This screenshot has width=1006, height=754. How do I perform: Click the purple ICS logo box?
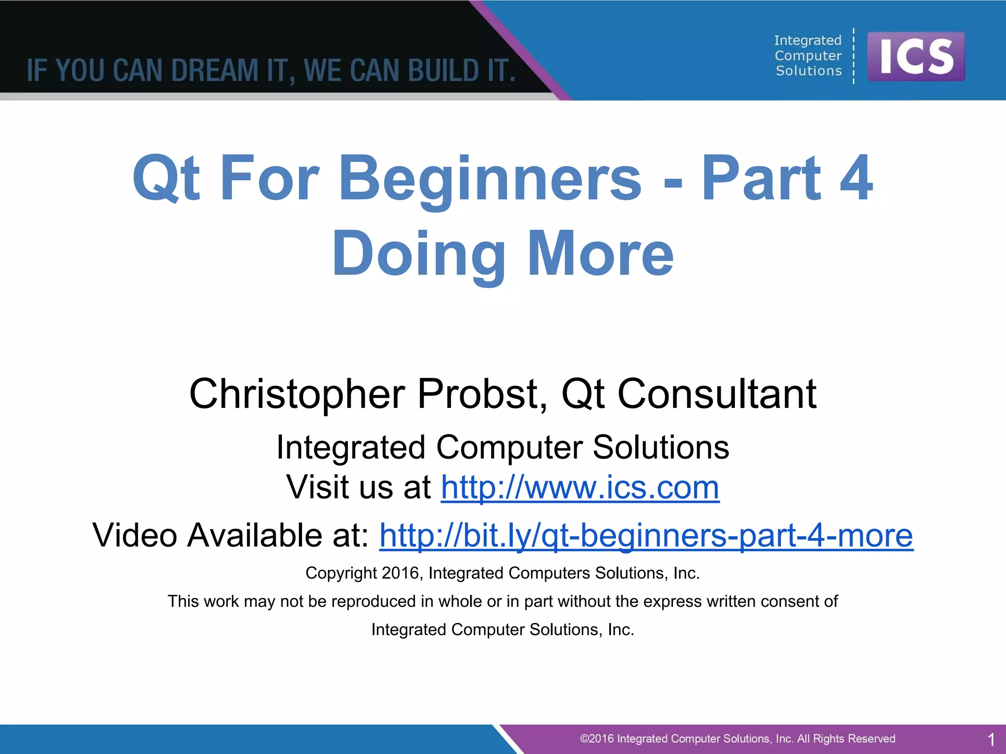(x=916, y=56)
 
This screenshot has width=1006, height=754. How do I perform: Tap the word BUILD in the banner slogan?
(x=444, y=70)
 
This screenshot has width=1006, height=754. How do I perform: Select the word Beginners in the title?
(x=490, y=179)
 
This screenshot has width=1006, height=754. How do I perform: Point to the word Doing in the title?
(x=419, y=254)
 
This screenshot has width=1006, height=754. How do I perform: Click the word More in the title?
(x=600, y=254)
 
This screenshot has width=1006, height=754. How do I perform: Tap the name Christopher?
(x=297, y=394)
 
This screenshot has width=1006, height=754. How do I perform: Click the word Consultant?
(x=717, y=394)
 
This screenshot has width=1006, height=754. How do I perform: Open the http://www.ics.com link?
(x=580, y=487)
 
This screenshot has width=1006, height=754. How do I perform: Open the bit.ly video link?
(x=646, y=535)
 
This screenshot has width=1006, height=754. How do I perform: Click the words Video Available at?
(x=231, y=535)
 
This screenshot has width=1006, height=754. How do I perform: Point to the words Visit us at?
(x=359, y=487)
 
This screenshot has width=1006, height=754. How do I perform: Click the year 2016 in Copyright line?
(x=400, y=573)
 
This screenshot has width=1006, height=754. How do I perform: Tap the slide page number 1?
(x=991, y=739)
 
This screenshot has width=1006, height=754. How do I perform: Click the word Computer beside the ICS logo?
(x=808, y=56)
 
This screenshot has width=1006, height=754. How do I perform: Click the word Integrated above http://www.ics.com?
(x=351, y=448)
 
